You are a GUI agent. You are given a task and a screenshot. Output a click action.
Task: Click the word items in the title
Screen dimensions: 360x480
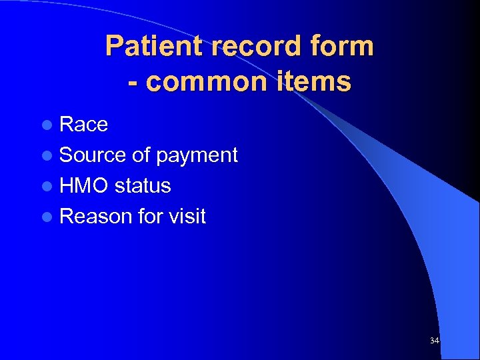316,82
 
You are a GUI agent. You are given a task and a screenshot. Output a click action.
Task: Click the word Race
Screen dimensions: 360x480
83,125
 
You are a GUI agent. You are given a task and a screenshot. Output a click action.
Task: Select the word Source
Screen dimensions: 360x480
93,155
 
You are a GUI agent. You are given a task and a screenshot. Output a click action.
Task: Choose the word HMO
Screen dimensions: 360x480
84,186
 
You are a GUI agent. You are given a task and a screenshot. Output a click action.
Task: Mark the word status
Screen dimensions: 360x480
143,186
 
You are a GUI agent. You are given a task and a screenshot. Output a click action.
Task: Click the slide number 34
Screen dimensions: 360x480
434,341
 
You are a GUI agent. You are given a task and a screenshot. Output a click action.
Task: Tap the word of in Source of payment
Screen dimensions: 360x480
141,155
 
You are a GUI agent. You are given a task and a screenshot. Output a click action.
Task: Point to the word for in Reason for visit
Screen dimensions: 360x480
151,217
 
